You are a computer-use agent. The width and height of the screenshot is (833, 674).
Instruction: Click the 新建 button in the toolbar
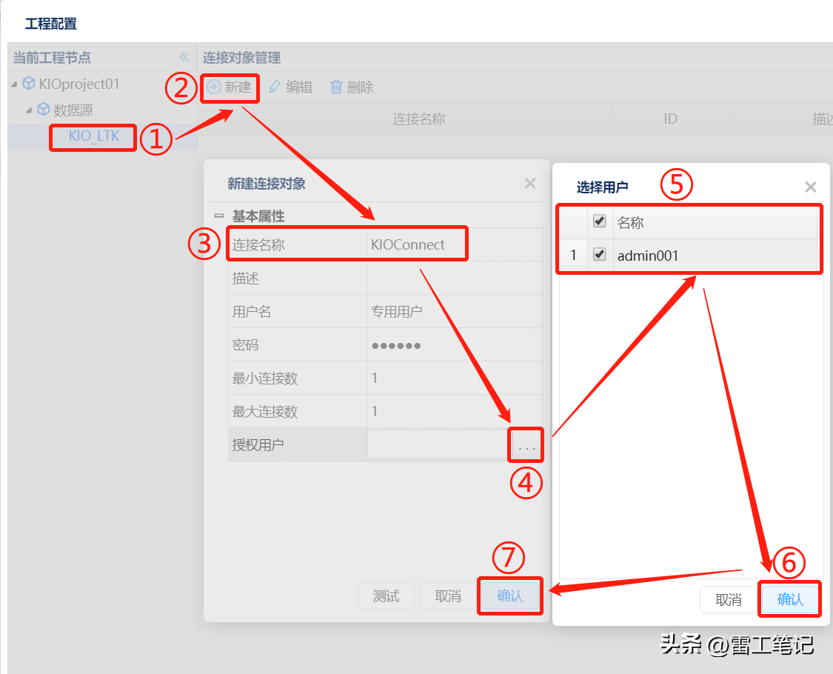(x=229, y=87)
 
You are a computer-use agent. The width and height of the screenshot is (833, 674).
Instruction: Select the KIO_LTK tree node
(x=94, y=136)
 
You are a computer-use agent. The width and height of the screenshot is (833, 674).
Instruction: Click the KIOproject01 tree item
(x=79, y=84)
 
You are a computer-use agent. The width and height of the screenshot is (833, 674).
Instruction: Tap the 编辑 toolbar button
(x=291, y=87)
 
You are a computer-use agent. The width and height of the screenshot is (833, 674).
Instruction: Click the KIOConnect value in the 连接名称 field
(x=407, y=244)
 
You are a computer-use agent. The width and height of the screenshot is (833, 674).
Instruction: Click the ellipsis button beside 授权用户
(x=526, y=444)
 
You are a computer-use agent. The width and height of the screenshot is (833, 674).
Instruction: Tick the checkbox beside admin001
(x=600, y=255)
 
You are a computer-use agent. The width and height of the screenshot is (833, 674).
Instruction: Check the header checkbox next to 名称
(x=600, y=221)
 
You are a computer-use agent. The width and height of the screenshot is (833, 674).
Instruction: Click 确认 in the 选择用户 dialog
(x=790, y=600)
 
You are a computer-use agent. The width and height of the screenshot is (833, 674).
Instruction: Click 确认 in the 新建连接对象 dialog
(x=510, y=596)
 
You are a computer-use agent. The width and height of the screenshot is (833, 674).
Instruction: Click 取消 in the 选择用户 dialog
(x=729, y=600)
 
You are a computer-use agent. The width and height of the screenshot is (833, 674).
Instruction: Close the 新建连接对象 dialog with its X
(x=529, y=184)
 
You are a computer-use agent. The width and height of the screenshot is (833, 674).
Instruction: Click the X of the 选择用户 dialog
(x=810, y=187)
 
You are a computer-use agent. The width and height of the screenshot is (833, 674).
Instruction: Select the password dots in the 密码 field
(x=396, y=345)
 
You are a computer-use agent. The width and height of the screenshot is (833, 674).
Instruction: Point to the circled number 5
(x=676, y=184)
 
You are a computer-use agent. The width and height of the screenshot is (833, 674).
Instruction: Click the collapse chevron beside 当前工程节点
(x=184, y=57)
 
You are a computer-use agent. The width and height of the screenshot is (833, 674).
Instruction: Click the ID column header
(x=670, y=119)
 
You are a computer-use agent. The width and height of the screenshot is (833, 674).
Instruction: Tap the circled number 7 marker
(x=509, y=558)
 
